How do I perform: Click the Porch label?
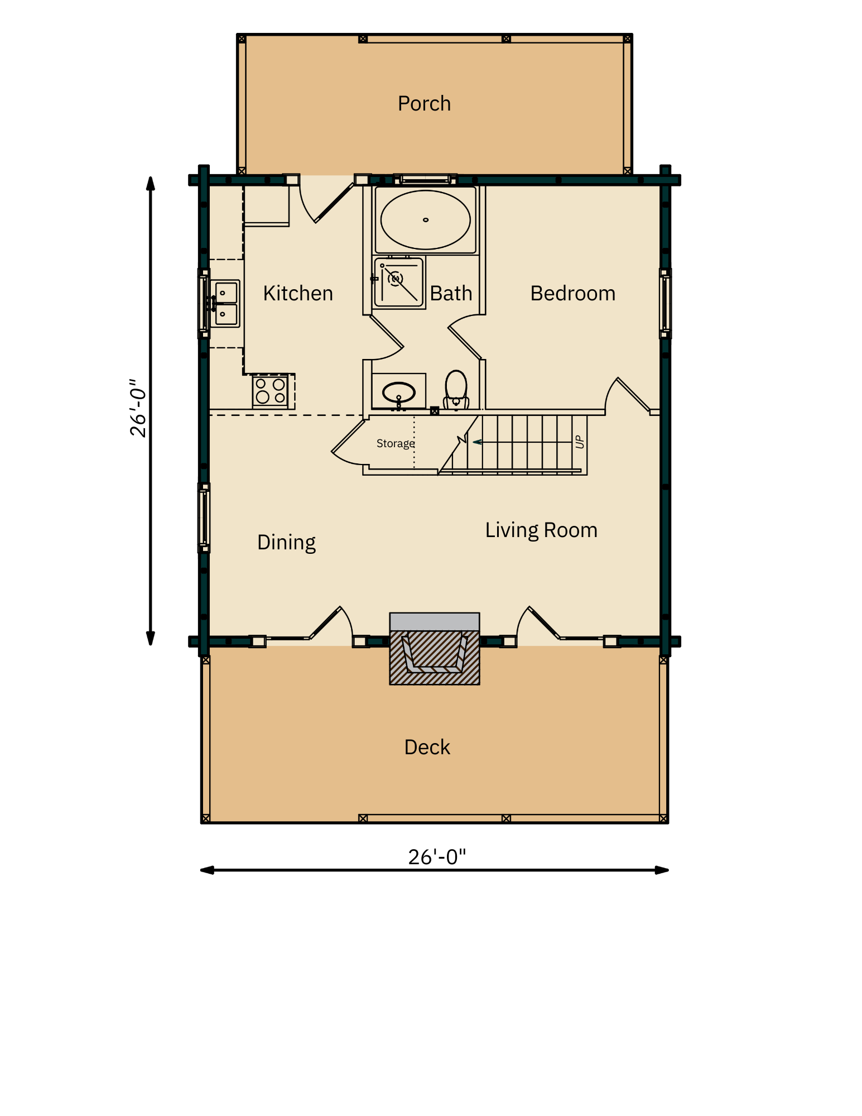coord(424,104)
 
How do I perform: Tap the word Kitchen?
coord(298,294)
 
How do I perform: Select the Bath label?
coord(451,294)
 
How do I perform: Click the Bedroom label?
coord(572,294)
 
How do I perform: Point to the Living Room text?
coord(541,530)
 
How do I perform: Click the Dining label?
coord(286,543)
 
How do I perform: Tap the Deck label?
coord(427,748)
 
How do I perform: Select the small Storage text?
coord(395,443)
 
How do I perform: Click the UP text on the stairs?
coord(580,442)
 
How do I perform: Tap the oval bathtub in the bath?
coord(425,220)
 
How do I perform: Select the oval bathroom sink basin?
coord(398,392)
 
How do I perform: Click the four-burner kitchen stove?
coord(271,391)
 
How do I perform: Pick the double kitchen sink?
coord(225,303)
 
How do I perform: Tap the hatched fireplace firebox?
coord(435,656)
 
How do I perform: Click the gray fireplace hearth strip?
coord(435,621)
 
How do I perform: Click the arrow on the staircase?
coord(478,442)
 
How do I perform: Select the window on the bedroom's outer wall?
coord(664,303)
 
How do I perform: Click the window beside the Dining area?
coord(205,518)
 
